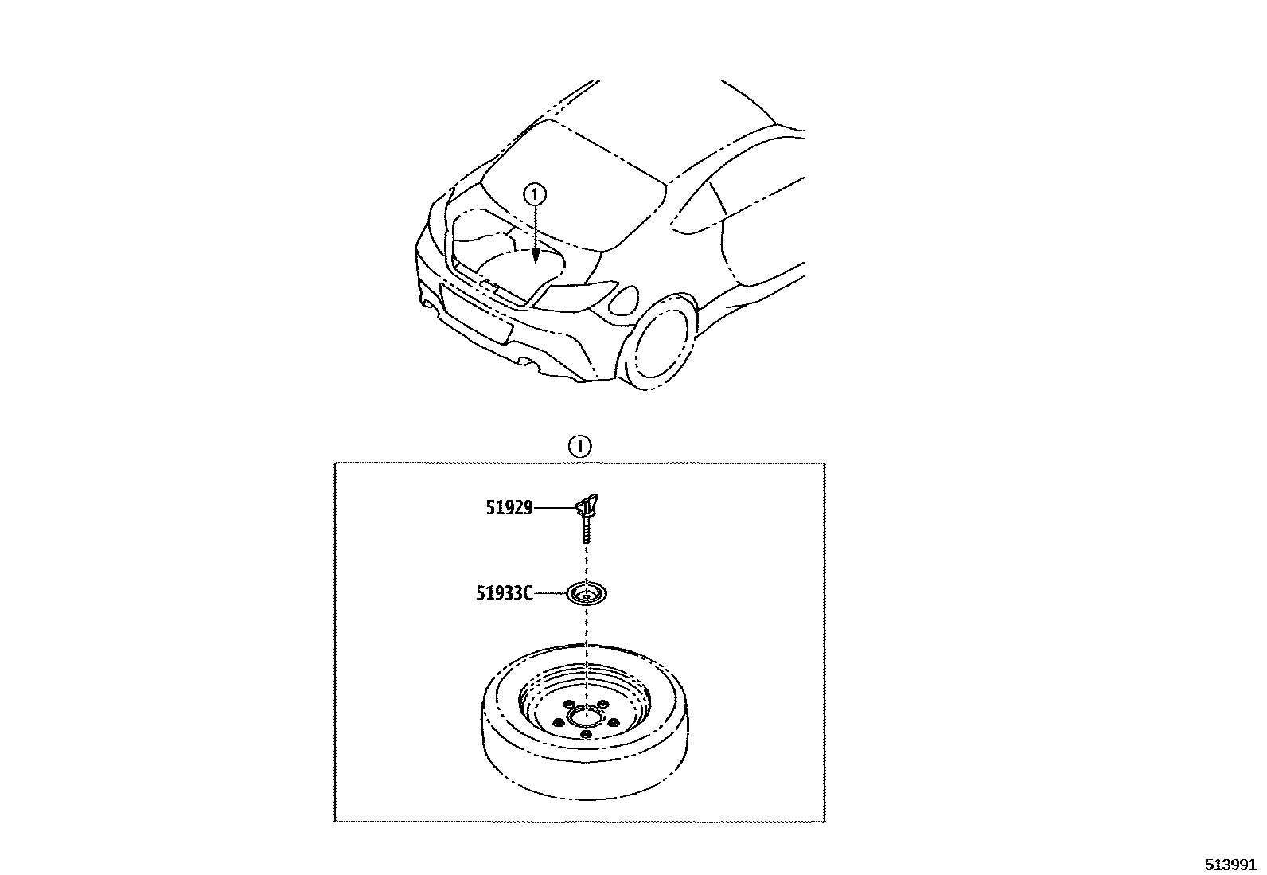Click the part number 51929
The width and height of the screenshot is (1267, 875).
[509, 507]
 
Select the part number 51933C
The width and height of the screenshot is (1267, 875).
[504, 592]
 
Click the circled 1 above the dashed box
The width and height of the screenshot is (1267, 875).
[579, 447]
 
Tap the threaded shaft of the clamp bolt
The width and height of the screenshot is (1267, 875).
[586, 529]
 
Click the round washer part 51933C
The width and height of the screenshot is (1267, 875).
[587, 593]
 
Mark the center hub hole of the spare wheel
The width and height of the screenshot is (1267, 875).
[585, 718]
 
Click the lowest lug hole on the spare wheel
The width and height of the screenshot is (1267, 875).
[585, 734]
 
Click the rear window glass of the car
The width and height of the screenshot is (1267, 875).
[573, 191]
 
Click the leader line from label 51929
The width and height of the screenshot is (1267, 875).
[554, 507]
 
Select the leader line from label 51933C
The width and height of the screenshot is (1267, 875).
[548, 592]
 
